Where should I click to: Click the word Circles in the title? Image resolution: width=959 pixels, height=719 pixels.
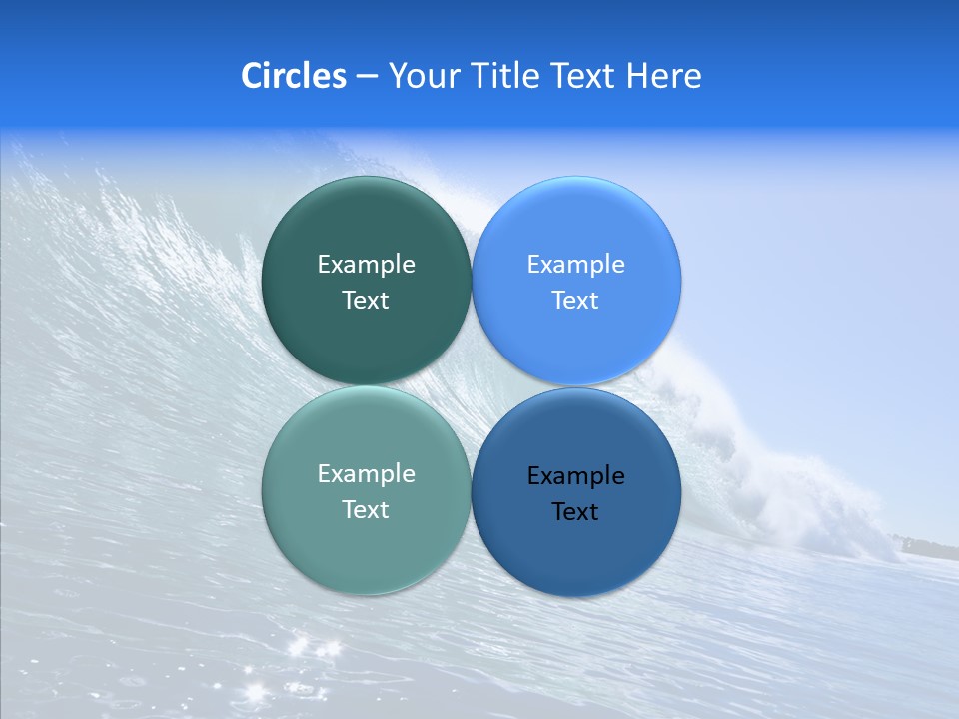[x=293, y=76]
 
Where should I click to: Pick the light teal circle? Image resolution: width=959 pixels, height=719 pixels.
[x=366, y=554]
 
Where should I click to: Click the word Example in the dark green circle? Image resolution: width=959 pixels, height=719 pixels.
[x=366, y=265]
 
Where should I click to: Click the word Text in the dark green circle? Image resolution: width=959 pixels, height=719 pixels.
[x=366, y=301]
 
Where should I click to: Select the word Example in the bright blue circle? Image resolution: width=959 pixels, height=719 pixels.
[x=575, y=265]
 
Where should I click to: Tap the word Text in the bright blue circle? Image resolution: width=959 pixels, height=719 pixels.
[x=575, y=301]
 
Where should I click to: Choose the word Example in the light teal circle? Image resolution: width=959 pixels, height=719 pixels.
[x=366, y=474]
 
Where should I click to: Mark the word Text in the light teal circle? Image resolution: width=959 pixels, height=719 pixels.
[x=366, y=510]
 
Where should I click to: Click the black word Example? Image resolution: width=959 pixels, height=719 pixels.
[x=575, y=476]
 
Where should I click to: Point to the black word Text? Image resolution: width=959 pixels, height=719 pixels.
[x=575, y=512]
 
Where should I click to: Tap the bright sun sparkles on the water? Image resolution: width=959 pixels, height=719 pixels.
[x=305, y=649]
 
